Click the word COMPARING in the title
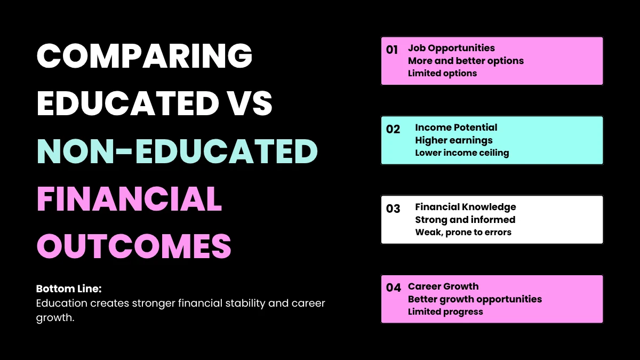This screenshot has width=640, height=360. tap(144, 55)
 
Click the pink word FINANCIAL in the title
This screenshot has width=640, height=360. tap(129, 199)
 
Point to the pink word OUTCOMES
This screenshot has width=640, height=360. tap(133, 246)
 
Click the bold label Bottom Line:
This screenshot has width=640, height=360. tap(69, 289)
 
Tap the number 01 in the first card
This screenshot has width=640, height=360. tap(392, 50)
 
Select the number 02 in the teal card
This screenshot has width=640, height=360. tap(393, 130)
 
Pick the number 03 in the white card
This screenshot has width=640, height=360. tap(393, 209)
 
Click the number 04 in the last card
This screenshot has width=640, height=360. tap(393, 288)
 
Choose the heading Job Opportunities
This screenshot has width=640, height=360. tap(451, 48)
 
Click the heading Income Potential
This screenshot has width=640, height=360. tap(456, 127)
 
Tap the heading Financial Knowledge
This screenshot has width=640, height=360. tap(466, 207)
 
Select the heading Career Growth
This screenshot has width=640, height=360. tap(443, 286)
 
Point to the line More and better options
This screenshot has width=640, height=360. tap(466, 61)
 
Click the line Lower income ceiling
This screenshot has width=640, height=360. tap(462, 153)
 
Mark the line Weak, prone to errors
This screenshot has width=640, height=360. tap(463, 233)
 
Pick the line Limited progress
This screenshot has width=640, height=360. tap(445, 312)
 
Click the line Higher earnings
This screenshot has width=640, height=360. tap(454, 140)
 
